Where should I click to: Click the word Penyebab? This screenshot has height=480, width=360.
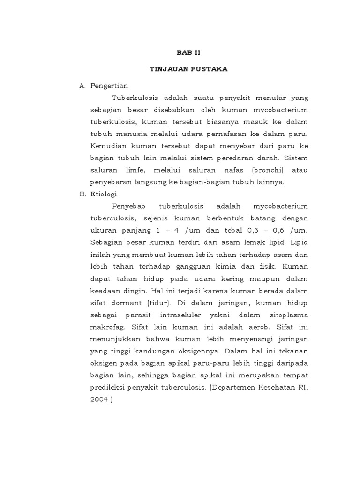tap(128, 206)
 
